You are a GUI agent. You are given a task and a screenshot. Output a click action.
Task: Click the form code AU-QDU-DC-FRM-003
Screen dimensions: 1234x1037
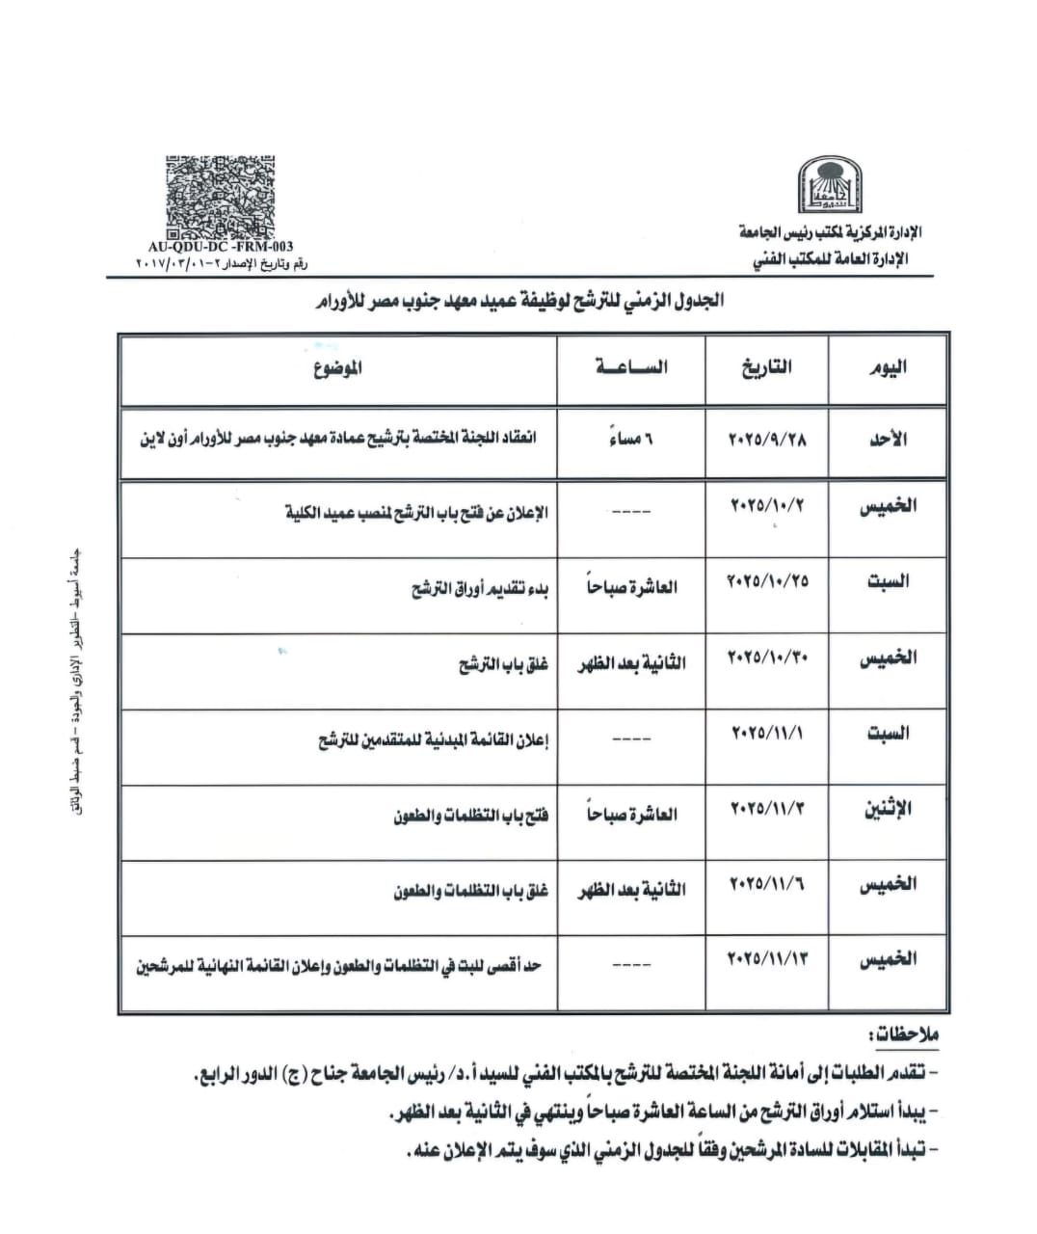[221, 248]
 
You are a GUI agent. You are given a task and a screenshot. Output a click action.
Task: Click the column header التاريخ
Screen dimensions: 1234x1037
[767, 366]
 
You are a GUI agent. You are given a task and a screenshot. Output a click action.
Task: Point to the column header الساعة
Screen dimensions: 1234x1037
[631, 366]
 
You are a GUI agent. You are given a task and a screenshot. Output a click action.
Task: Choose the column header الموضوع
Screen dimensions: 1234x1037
[338, 367]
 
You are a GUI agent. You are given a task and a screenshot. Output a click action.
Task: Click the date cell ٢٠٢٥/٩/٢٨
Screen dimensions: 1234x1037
[767, 438]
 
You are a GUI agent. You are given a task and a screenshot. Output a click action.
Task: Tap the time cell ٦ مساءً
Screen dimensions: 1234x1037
[631, 440]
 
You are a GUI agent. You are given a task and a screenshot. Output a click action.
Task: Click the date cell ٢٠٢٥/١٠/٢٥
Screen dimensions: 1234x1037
[767, 581]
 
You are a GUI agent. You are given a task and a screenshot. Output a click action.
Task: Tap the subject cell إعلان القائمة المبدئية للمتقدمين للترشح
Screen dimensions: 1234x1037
[434, 740]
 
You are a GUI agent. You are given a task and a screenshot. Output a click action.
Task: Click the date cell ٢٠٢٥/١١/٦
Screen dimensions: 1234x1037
[767, 883]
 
